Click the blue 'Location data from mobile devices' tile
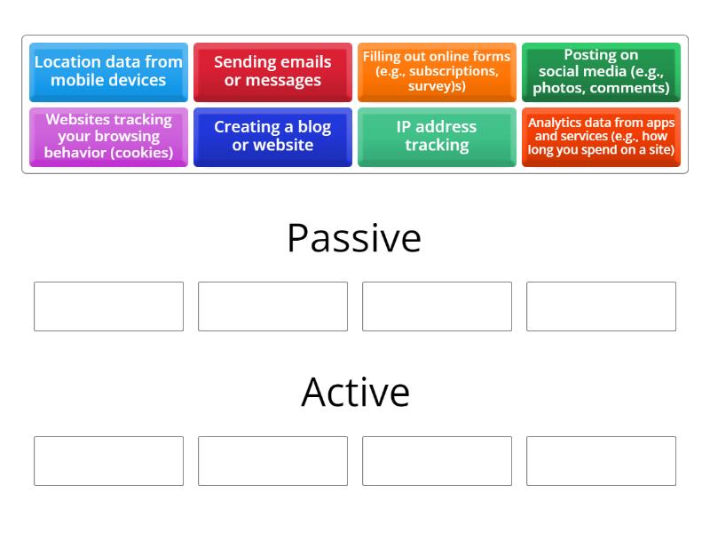pos(108,72)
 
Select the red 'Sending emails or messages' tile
pos(272,72)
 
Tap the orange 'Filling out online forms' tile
pos(437,72)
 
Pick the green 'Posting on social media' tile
pos(601,72)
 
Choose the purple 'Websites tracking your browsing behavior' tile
pos(108,137)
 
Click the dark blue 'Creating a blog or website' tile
pos(272,137)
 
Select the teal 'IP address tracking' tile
pos(437,137)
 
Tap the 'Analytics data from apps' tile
pos(601,137)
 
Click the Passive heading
pos(354,238)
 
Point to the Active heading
pos(356,392)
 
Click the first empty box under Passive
pos(108,306)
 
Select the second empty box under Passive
pos(272,306)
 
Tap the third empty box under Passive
pos(437,306)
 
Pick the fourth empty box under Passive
pos(601,306)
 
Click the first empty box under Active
pos(108,461)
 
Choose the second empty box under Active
pos(272,461)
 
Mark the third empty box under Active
pos(437,461)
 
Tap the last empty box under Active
pos(601,461)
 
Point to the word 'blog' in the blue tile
pos(314,127)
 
